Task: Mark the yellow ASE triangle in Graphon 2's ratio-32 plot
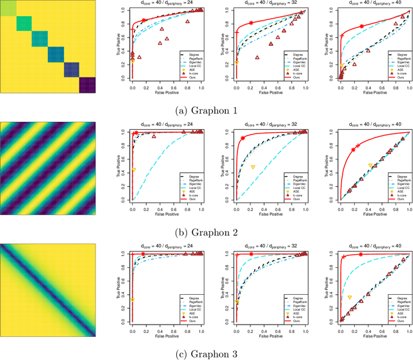tap(253, 167)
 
